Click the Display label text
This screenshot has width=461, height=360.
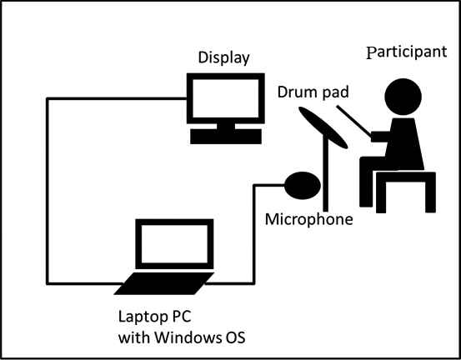click(x=224, y=58)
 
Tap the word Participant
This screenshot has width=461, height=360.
click(x=407, y=52)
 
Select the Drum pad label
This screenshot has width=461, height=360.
click(x=313, y=92)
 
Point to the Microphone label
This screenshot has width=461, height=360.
click(x=309, y=219)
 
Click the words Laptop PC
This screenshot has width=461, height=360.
click(x=155, y=317)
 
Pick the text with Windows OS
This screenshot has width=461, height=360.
click(x=182, y=337)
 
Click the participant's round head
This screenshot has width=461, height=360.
click(x=403, y=97)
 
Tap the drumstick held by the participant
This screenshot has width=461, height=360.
click(x=354, y=121)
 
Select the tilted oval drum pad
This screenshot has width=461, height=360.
click(x=323, y=127)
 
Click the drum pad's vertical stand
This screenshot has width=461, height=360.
click(x=325, y=173)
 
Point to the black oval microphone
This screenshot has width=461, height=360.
click(x=303, y=186)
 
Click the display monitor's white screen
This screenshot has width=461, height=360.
click(x=226, y=98)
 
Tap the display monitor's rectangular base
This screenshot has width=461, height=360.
click(x=226, y=137)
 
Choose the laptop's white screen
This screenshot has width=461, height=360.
click(x=174, y=244)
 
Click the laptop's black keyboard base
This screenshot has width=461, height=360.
click(x=164, y=283)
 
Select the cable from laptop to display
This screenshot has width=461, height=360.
click(x=47, y=191)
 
